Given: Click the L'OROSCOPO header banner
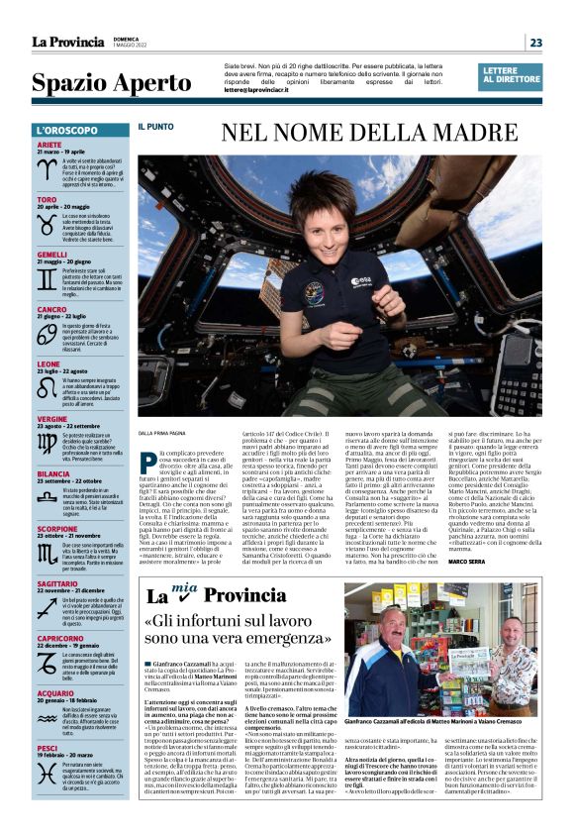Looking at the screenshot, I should point(80,131).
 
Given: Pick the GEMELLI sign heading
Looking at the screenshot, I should point(52,255).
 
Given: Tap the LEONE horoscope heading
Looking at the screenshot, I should point(48,364).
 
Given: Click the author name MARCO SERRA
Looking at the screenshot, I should point(495,562).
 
